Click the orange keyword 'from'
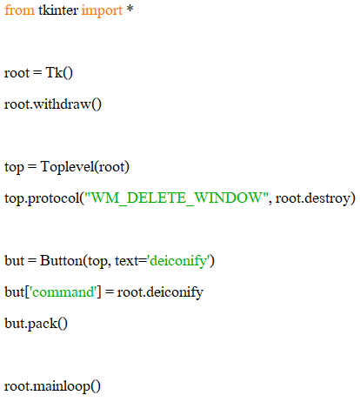19,10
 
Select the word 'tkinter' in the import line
58,10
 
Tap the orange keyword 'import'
102,11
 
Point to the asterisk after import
130,9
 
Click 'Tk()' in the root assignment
59,73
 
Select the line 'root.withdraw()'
53,104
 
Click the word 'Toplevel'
68,167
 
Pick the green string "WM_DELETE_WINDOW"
177,198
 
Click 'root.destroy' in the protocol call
313,199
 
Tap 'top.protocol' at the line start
42,199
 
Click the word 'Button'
62,260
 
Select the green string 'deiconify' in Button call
179,261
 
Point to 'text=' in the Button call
130,261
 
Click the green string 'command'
63,292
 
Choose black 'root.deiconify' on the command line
160,292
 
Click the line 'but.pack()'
36,324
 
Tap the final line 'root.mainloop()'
52,386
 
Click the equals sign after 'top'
32,167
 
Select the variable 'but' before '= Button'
14,260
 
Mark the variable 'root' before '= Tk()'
17,73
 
